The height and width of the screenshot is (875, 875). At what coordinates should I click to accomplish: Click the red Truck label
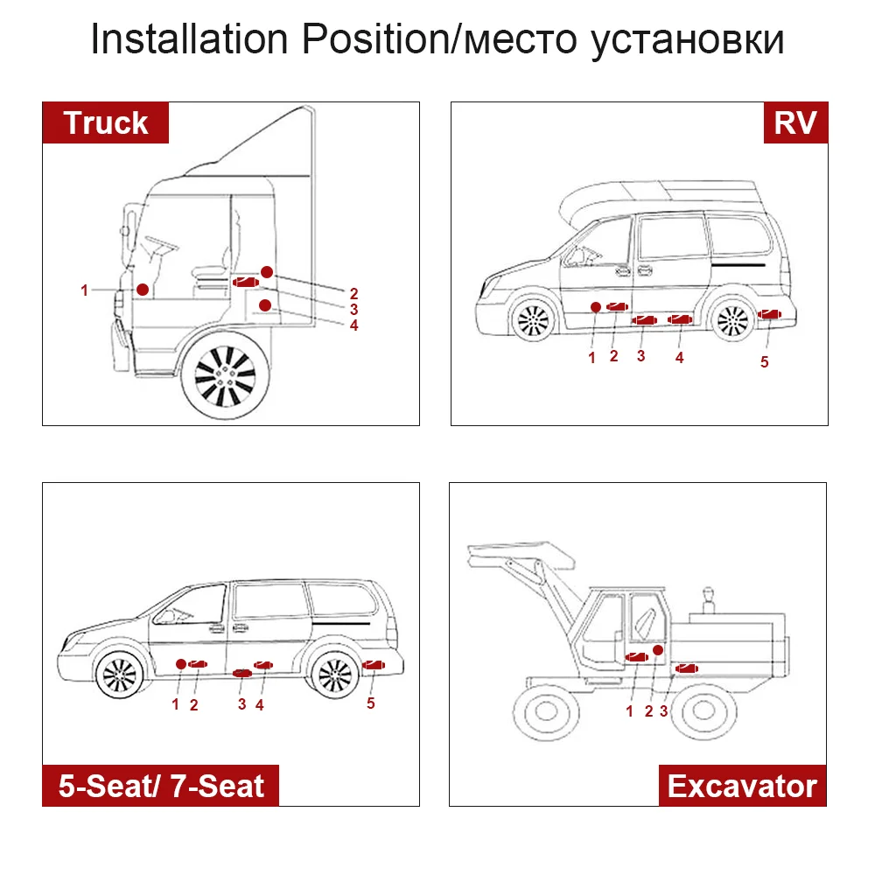tap(106, 123)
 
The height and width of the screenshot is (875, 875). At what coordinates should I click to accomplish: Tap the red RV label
tap(794, 123)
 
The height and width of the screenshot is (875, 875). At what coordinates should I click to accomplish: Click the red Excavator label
tap(742, 785)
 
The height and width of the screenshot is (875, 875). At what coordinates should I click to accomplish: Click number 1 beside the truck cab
tap(85, 290)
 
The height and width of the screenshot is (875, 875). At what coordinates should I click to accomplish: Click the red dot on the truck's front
tap(141, 288)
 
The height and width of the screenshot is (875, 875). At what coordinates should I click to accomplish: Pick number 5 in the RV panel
tap(764, 362)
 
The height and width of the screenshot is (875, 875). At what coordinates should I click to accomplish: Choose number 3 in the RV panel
tap(641, 356)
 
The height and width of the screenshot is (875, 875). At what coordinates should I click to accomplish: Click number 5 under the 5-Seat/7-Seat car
tap(371, 703)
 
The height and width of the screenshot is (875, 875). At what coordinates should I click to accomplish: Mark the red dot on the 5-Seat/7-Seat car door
tap(180, 664)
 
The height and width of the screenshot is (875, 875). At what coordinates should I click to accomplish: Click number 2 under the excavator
tap(648, 710)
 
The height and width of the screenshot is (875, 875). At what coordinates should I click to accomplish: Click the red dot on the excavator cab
tap(657, 650)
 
